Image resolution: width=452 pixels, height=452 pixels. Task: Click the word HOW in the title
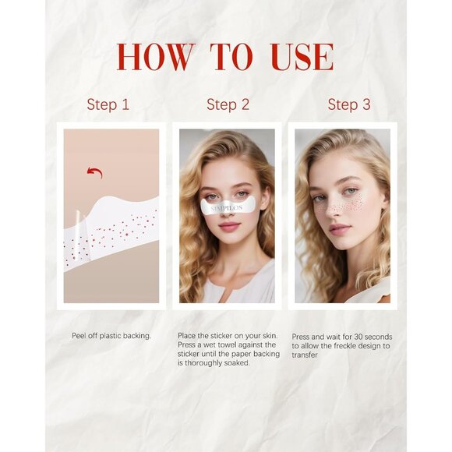click(155, 58)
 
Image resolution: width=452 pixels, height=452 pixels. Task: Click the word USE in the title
click(302, 58)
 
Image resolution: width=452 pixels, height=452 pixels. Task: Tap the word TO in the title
click(231, 58)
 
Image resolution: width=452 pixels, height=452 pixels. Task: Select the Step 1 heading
click(108, 104)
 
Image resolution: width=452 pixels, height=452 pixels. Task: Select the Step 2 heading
click(228, 104)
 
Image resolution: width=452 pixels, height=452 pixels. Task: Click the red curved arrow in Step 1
click(94, 171)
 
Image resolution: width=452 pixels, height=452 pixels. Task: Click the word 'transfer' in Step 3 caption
click(305, 354)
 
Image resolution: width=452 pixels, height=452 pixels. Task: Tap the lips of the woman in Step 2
click(228, 226)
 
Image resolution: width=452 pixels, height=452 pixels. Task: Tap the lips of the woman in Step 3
click(339, 229)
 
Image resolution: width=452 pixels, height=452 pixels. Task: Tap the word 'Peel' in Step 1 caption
click(78, 335)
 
